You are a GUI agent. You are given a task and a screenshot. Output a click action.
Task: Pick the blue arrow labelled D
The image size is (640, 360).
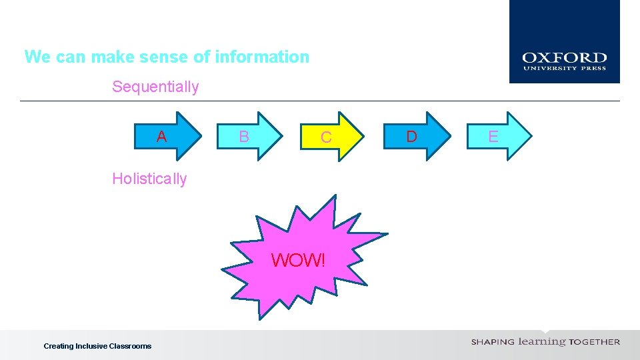click(417, 137)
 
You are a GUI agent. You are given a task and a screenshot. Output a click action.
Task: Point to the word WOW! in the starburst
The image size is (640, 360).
click(299, 260)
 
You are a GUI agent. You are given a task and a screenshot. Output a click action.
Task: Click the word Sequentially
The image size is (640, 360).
click(155, 87)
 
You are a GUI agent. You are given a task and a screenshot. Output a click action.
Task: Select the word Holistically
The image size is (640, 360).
click(149, 179)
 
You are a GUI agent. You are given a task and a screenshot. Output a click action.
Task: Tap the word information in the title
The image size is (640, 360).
click(262, 57)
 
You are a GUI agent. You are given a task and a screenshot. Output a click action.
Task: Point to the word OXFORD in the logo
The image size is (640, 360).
click(564, 59)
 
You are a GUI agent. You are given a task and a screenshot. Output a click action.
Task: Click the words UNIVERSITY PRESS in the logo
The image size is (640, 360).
click(564, 68)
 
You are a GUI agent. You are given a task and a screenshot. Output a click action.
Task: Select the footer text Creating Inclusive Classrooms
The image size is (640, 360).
click(97, 346)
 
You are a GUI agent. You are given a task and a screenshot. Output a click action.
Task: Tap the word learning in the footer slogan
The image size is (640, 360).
click(542, 341)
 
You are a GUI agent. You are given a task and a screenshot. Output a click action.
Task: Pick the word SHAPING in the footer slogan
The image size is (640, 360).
click(493, 342)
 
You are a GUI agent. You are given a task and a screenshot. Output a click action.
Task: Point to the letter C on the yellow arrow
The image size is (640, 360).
click(326, 138)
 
